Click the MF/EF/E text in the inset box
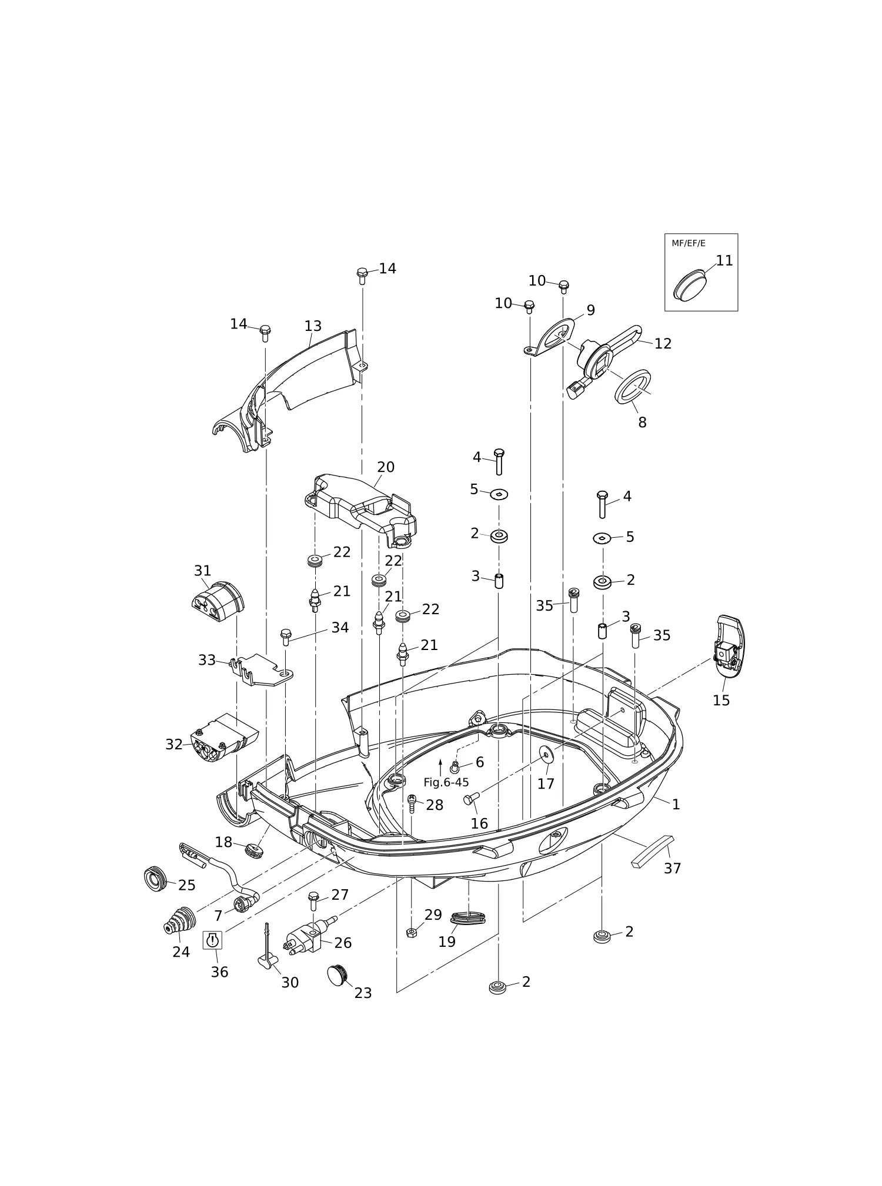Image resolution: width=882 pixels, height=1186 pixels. (688, 243)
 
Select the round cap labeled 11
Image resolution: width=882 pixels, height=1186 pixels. (690, 285)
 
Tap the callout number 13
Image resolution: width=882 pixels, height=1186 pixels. (313, 326)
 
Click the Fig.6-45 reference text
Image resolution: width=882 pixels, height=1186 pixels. (446, 783)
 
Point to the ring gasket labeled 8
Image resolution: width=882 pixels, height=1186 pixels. (633, 387)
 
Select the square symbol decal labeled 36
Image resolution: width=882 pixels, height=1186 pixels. (213, 940)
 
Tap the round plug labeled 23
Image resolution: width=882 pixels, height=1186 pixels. (336, 975)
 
